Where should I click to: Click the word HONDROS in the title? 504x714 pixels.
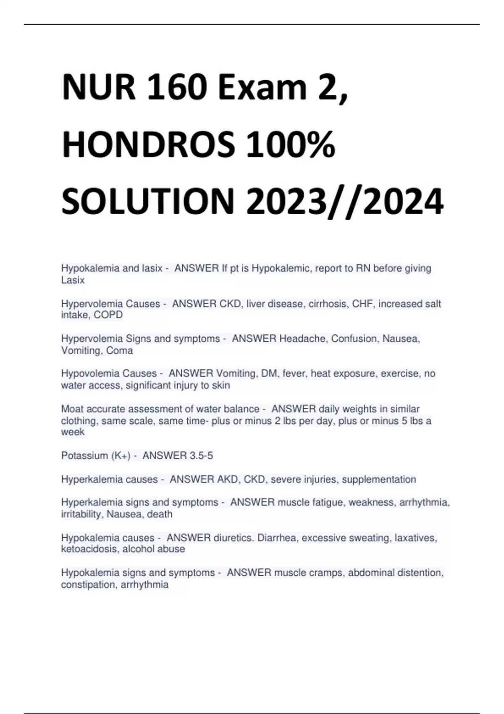[x=149, y=144]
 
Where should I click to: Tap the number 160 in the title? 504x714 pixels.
[x=176, y=87]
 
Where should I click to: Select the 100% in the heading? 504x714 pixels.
[x=291, y=144]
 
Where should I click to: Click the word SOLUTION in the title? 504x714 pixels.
[x=147, y=201]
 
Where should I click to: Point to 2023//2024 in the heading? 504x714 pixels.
[x=345, y=201]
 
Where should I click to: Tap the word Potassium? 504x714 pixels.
[x=85, y=456]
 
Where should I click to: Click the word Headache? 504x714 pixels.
[x=303, y=339]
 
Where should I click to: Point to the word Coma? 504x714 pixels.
[x=120, y=350]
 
